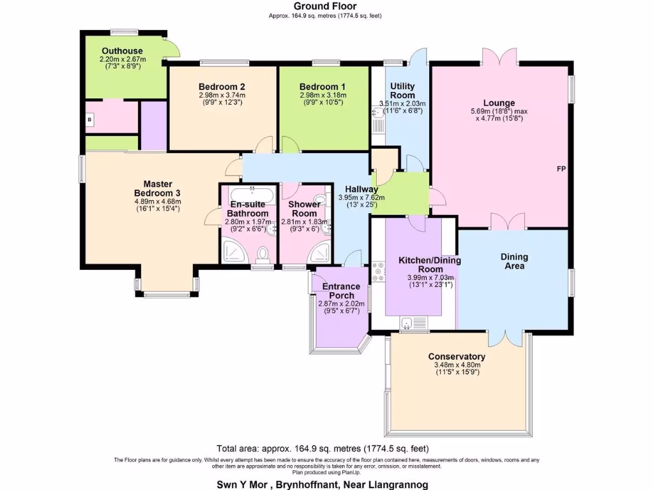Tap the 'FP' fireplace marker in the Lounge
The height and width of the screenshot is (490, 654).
(560, 169)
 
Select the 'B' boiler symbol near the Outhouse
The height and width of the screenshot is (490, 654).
(90, 119)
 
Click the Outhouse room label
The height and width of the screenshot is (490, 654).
(122, 51)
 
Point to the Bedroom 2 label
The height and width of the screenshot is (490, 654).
(222, 87)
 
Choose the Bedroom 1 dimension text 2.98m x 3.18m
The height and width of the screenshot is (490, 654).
(323, 95)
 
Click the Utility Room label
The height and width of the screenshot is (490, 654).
(402, 91)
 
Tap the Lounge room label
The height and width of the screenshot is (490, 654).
(499, 103)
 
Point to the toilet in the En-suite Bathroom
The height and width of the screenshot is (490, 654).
(261, 255)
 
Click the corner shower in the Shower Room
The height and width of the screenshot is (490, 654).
(319, 253)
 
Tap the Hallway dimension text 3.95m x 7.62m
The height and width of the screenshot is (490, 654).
(361, 198)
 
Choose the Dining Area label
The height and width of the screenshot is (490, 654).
(514, 261)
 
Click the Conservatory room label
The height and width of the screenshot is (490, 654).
(457, 357)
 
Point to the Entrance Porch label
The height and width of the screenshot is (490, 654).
(341, 291)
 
